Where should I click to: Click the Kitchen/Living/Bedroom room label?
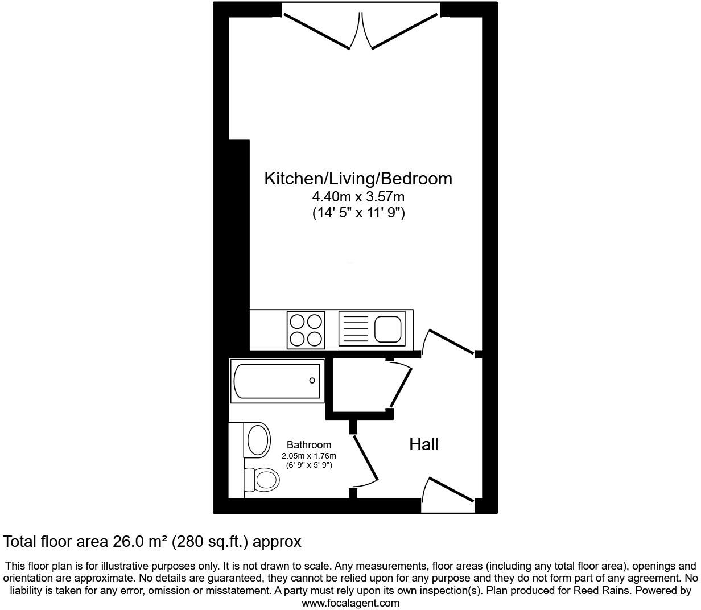(x=358, y=179)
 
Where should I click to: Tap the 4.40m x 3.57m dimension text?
(x=358, y=197)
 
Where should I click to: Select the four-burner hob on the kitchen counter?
(x=306, y=330)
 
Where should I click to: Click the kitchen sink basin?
(x=388, y=328)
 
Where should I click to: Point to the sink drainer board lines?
(x=354, y=328)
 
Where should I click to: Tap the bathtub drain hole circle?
(x=312, y=381)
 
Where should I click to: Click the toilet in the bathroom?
(x=263, y=480)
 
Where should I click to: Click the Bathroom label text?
(x=308, y=445)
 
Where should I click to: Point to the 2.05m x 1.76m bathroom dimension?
(x=308, y=456)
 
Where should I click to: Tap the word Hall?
(x=424, y=444)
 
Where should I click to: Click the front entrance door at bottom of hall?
(x=450, y=490)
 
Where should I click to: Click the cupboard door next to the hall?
(x=401, y=387)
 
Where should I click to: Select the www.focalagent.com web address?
(x=350, y=603)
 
